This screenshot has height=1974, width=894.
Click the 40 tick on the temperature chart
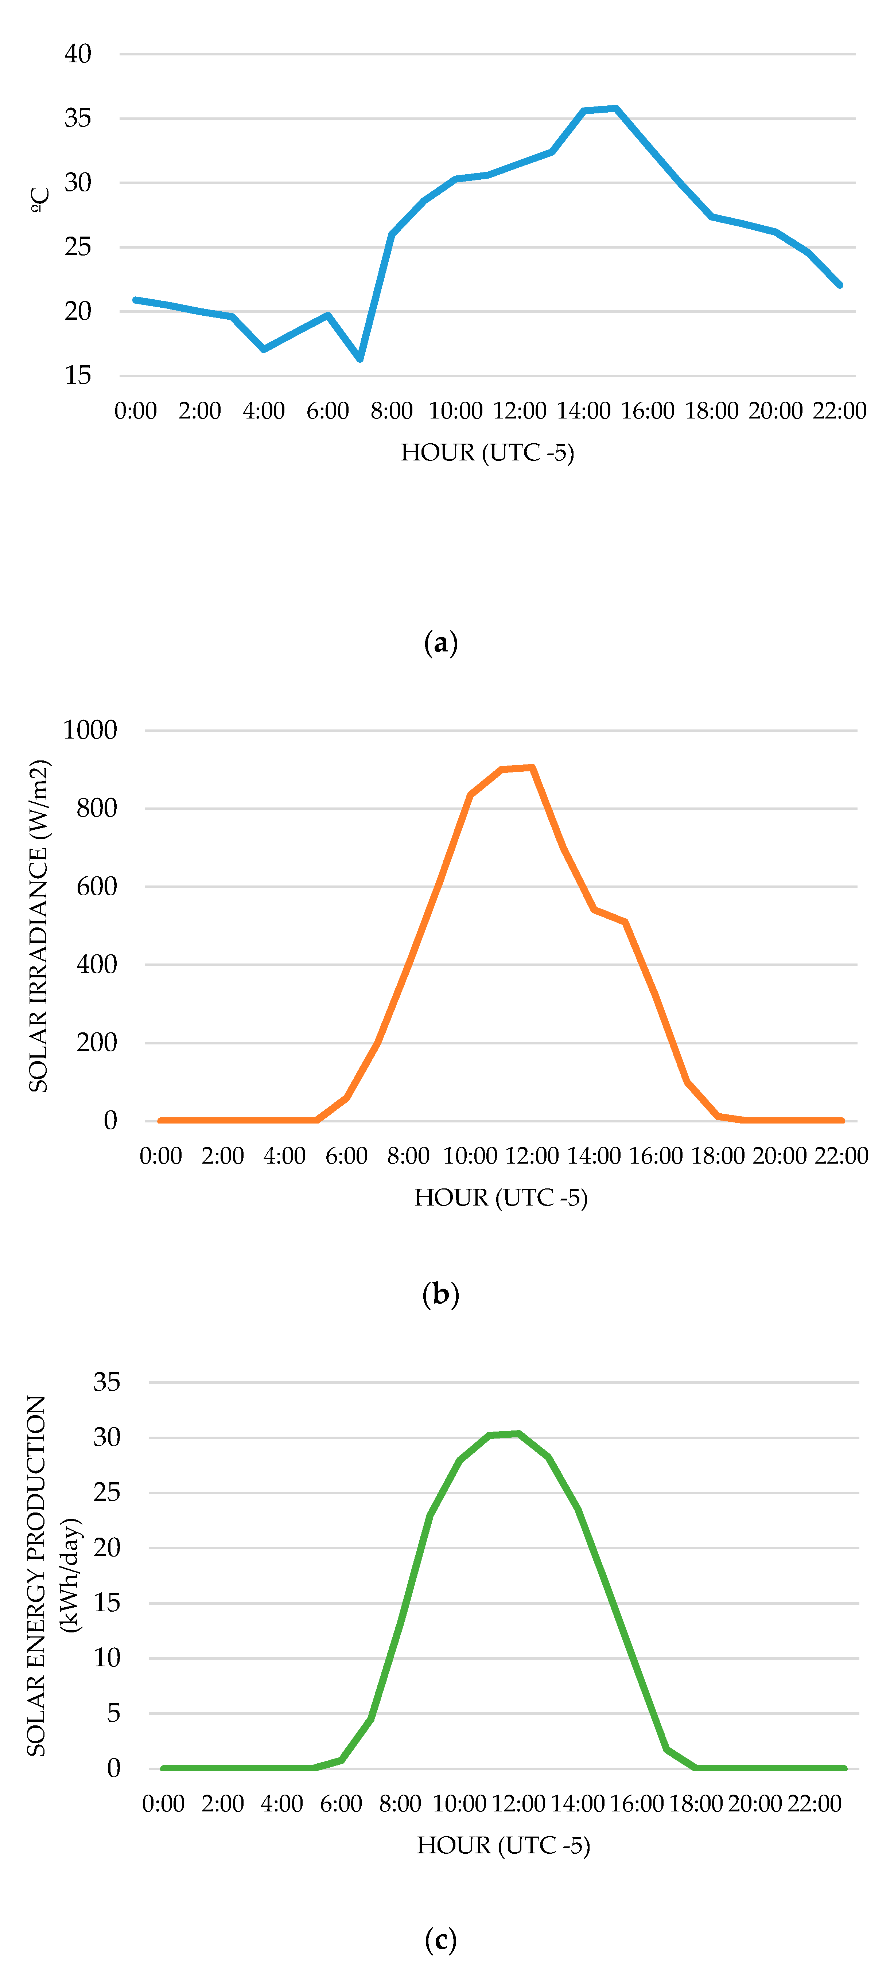[x=77, y=54]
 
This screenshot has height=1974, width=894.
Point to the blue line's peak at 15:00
[x=616, y=109]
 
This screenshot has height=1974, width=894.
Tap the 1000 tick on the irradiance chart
[x=90, y=730]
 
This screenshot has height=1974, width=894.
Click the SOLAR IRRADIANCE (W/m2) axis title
[x=38, y=926]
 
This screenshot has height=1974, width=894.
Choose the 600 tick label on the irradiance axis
[x=97, y=887]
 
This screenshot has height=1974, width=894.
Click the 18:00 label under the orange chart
[x=718, y=1156]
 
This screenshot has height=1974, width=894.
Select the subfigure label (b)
[x=441, y=1294]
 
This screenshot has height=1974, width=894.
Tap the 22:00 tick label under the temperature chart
[x=840, y=411]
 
